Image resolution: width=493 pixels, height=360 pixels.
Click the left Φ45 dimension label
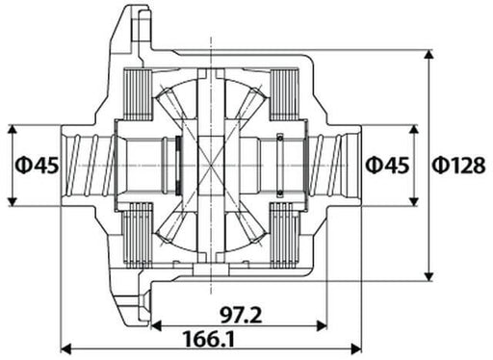click(36, 165)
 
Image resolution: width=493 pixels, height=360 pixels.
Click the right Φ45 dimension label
click(387, 165)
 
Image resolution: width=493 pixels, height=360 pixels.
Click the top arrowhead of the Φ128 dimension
click(428, 51)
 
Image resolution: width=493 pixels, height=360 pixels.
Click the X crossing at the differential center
click(211, 165)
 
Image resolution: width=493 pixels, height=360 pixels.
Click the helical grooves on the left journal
click(96, 165)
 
